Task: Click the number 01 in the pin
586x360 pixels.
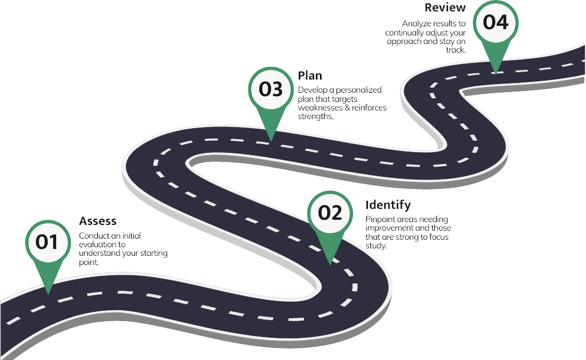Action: pyautogui.click(x=47, y=242)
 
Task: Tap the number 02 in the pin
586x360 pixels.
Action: pyautogui.click(x=330, y=213)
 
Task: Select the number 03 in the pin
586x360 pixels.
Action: pyautogui.click(x=271, y=89)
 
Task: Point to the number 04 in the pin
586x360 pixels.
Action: pyautogui.click(x=496, y=22)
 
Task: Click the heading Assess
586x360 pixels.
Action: pyautogui.click(x=97, y=221)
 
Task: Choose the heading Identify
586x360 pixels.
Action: pyautogui.click(x=388, y=205)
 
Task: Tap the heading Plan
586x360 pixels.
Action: pyautogui.click(x=310, y=76)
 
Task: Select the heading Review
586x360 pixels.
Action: pyautogui.click(x=445, y=7)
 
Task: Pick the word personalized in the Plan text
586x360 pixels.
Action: pyautogui.click(x=358, y=90)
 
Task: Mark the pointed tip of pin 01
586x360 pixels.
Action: pyautogui.click(x=48, y=294)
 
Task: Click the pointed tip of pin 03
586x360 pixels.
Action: pyautogui.click(x=271, y=141)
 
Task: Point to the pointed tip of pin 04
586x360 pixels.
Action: pyautogui.click(x=496, y=74)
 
